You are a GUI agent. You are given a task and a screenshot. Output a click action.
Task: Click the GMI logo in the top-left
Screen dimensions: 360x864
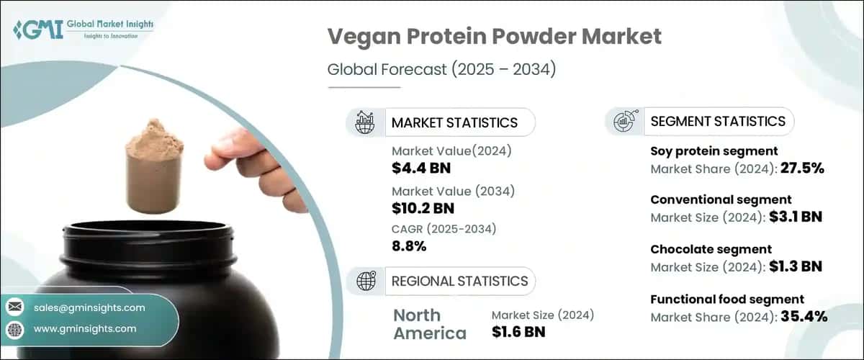coord(83,30)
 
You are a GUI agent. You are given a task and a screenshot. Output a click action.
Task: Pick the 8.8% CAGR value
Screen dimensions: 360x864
coord(409,246)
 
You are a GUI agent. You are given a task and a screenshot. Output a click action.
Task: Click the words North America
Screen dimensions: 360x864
coord(430,324)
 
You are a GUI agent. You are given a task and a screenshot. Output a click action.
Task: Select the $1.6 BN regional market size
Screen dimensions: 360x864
coord(518,332)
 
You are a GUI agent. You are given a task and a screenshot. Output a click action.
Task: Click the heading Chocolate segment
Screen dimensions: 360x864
coord(701,249)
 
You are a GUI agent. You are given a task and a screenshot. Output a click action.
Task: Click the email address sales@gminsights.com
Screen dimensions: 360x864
coord(89,307)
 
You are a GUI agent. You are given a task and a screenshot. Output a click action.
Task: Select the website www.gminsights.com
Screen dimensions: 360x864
coord(85,328)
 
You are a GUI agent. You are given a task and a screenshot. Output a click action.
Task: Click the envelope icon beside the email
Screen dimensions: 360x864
coord(14,307)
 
